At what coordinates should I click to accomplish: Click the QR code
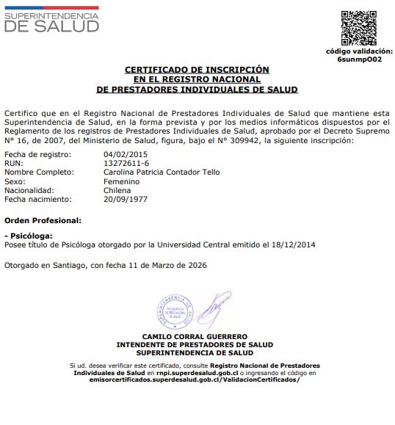coord(359,28)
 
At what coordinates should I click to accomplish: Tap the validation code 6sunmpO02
coord(359,59)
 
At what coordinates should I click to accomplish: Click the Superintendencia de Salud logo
coord(51,20)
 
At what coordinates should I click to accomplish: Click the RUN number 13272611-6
coord(126,163)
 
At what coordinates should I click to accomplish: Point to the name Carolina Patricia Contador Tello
coord(162,172)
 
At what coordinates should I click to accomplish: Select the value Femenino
coord(122,181)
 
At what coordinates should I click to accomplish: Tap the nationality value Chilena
coord(117,189)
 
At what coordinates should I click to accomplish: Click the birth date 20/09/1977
coord(126,198)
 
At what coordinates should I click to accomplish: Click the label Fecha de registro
coord(37,154)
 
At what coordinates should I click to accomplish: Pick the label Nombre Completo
coord(40,172)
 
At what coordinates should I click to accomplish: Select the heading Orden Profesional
coord(43,220)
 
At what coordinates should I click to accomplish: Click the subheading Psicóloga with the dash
coord(29,236)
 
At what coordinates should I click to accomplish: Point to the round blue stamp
coord(175,312)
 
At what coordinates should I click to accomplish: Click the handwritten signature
coord(214,310)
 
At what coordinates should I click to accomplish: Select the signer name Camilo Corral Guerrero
coord(195,336)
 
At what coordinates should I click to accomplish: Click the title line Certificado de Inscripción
coord(197,70)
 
